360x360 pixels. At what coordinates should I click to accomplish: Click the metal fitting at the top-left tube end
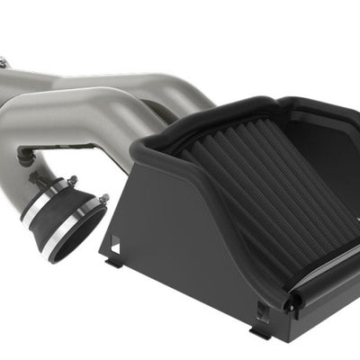(4, 62)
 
